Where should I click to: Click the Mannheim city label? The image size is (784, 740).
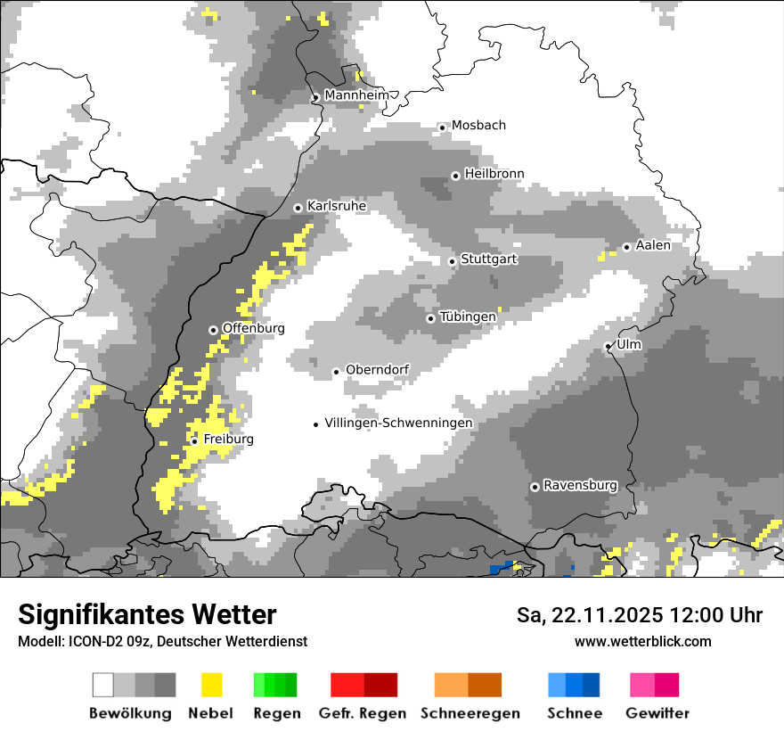click(357, 95)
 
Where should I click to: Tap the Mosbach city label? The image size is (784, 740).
click(478, 126)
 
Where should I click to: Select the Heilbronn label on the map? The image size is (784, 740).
click(494, 174)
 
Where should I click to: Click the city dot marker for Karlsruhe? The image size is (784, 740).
click(298, 208)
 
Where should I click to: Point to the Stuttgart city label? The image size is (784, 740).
click(488, 259)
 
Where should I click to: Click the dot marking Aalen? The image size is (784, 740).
click(627, 247)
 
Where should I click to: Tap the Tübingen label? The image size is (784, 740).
click(468, 317)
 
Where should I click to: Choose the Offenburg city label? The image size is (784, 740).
click(253, 328)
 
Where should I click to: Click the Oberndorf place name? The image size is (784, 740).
click(377, 370)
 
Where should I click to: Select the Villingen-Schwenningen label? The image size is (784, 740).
click(398, 423)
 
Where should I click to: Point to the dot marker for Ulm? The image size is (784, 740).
click(608, 346)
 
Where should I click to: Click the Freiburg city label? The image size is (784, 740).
click(228, 440)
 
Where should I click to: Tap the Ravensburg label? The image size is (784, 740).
click(580, 485)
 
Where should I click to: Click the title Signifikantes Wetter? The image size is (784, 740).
click(147, 614)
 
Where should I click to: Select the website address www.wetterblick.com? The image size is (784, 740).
click(642, 641)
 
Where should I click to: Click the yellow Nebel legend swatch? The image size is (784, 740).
click(211, 685)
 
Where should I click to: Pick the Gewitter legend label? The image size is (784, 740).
click(657, 713)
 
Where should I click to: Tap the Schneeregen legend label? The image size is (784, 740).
click(470, 713)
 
